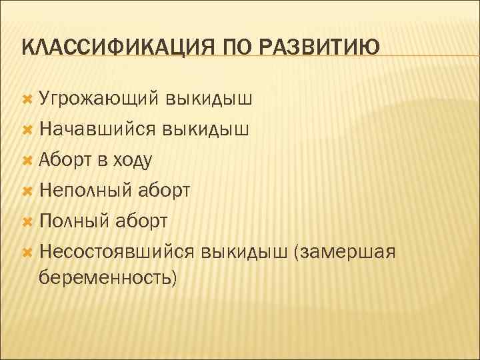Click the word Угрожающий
tap(98, 99)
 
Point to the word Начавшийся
tap(98, 129)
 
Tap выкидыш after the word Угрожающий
tap(209, 99)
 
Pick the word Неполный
tap(87, 191)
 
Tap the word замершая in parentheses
tap(349, 251)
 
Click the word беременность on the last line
tap(108, 277)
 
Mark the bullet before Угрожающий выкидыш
tap(27, 99)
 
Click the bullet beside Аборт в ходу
tap(27, 159)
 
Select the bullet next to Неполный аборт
tap(27, 190)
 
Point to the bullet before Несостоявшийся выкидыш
tap(27, 251)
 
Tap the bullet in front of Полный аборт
tap(27, 220)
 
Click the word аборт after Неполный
tap(165, 191)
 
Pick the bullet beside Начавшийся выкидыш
tap(27, 129)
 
